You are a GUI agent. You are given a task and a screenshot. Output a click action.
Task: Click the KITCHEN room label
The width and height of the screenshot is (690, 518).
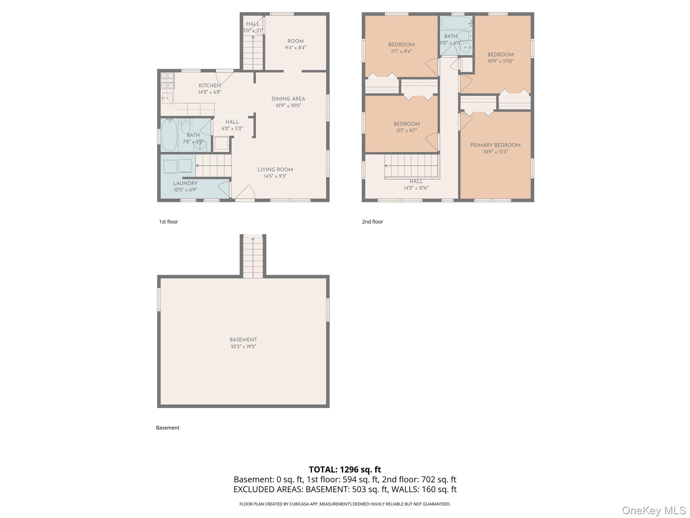(210, 86)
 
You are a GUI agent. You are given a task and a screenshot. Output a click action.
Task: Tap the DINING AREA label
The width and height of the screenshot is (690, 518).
(288, 99)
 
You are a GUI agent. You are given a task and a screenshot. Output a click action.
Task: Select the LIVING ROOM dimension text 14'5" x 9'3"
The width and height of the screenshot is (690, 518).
(275, 176)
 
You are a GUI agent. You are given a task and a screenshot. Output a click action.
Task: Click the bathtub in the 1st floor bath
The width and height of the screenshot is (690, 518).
(169, 135)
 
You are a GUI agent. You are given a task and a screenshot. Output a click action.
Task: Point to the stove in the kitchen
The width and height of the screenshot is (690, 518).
(167, 81)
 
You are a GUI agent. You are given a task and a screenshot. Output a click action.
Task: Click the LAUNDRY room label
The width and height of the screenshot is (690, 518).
(185, 183)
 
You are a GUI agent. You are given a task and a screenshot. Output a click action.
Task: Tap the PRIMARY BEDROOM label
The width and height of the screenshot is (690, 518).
(495, 145)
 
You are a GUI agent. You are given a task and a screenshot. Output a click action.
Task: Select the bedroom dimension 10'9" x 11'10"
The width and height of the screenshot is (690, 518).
(500, 61)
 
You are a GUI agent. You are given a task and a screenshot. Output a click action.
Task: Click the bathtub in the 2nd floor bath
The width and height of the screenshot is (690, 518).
(456, 23)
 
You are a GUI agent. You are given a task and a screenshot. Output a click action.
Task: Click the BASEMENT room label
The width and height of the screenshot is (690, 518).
(243, 340)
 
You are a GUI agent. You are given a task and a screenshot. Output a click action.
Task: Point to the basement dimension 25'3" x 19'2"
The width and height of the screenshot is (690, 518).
(243, 347)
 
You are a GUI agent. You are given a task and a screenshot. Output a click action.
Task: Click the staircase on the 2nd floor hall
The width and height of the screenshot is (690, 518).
(412, 166)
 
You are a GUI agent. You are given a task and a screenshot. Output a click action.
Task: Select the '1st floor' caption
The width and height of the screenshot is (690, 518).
(168, 222)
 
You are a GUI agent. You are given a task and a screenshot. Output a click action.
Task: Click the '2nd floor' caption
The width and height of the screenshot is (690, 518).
(372, 222)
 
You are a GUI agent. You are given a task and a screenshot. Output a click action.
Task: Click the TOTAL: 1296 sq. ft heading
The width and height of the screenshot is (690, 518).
(345, 469)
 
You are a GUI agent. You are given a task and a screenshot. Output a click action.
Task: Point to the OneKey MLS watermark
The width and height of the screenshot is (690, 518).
(654, 510)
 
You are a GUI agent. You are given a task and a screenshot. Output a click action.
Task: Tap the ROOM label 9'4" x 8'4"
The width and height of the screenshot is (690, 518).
(295, 41)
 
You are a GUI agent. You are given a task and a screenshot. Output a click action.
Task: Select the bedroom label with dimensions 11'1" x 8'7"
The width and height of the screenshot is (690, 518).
(406, 124)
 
